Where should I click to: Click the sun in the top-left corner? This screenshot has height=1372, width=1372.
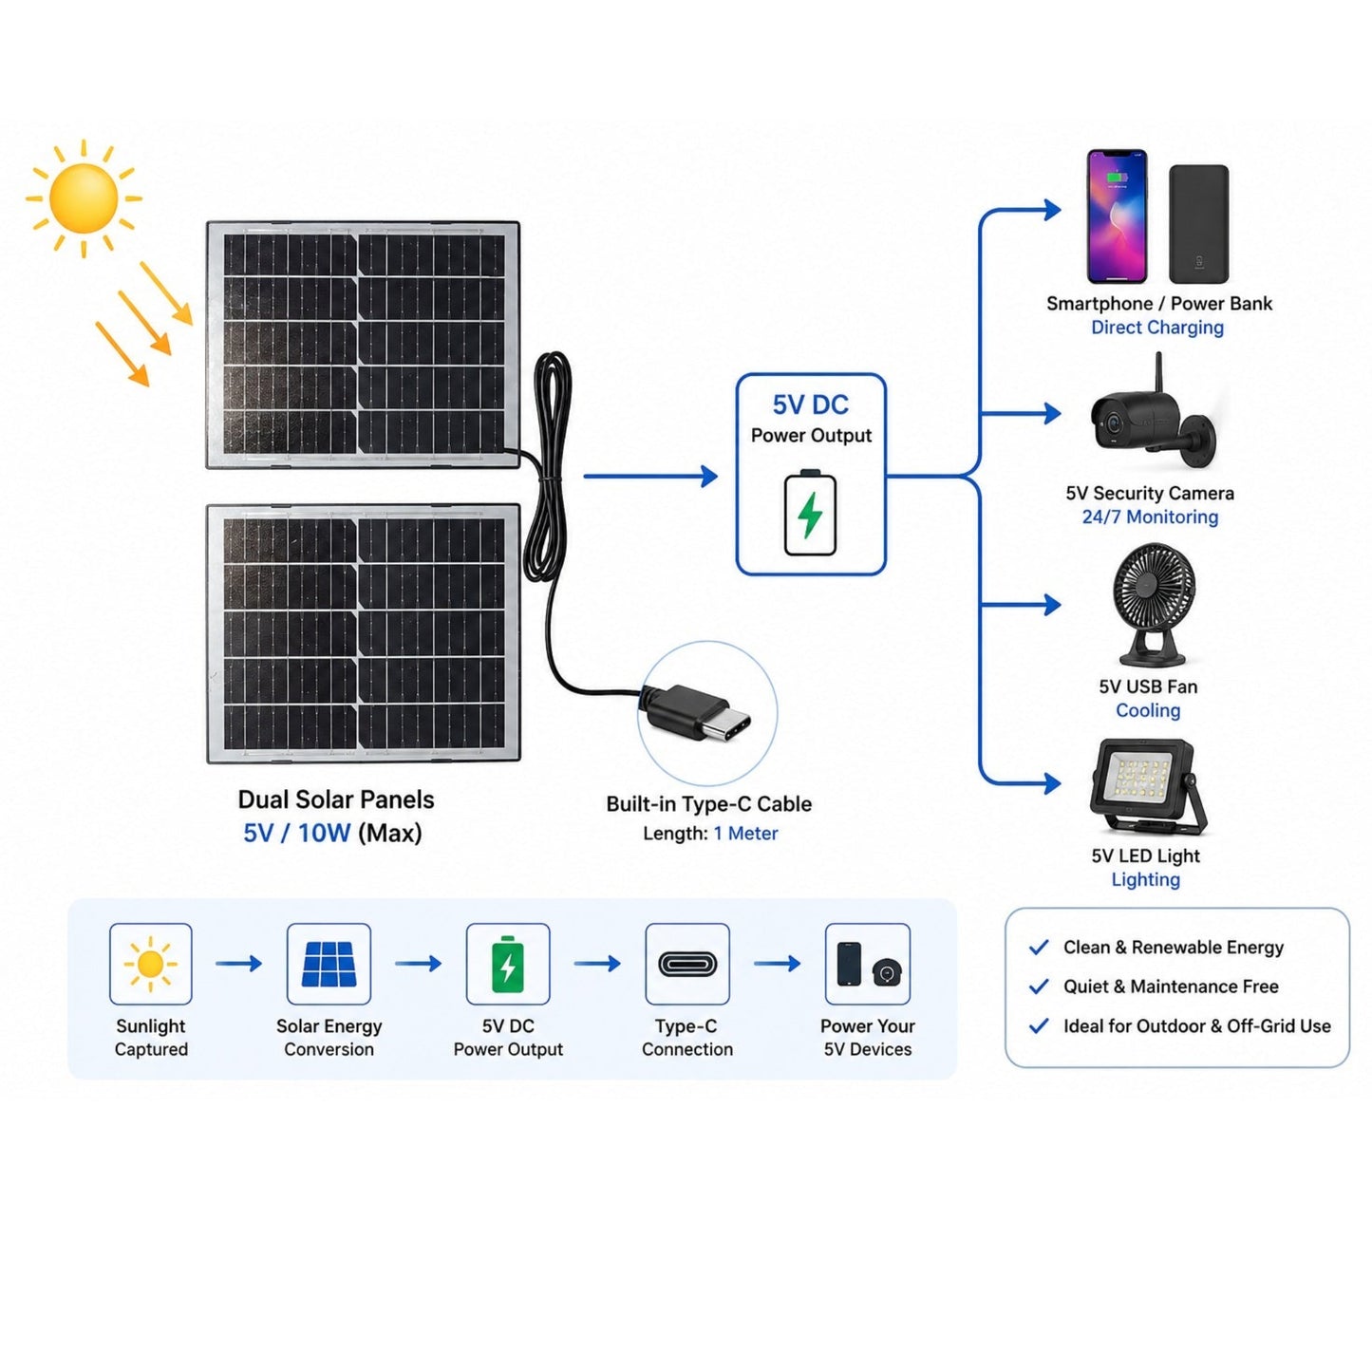[84, 197]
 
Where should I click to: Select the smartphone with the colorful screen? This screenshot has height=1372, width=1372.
[1116, 216]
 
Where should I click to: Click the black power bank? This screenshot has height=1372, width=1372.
[1199, 223]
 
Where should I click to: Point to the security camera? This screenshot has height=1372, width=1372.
[1152, 420]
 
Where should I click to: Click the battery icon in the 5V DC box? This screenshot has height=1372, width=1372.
[810, 513]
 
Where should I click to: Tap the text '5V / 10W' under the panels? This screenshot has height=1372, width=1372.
[296, 833]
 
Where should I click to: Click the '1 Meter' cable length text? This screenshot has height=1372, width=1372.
[745, 833]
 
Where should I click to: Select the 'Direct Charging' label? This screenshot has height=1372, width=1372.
[1157, 328]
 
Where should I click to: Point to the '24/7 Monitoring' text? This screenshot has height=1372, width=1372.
[1150, 517]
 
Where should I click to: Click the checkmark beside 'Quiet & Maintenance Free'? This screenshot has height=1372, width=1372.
[1039, 987]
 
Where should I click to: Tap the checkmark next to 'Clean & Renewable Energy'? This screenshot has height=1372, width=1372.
[1039, 947]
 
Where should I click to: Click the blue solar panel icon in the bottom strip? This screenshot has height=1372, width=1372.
[329, 964]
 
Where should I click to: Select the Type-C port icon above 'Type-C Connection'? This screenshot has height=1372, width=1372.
[687, 964]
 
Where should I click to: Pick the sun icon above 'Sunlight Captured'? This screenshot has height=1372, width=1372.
[150, 964]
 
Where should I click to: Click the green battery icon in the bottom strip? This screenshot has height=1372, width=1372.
[508, 965]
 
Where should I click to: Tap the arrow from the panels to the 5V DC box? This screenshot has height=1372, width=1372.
[650, 476]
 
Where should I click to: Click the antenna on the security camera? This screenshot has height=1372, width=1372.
[1157, 373]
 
